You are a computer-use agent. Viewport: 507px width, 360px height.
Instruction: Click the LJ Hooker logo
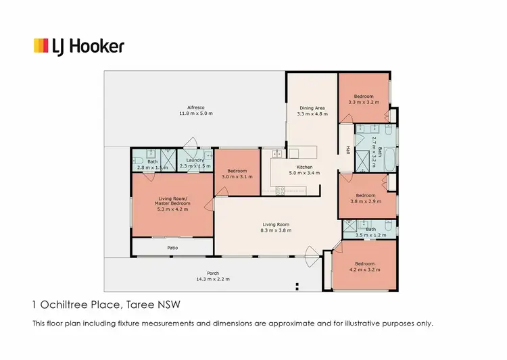79,46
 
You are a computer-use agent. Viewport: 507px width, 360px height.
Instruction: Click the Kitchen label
304,167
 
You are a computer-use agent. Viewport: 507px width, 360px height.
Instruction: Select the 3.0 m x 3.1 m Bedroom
237,174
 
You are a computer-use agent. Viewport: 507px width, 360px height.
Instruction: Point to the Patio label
172,248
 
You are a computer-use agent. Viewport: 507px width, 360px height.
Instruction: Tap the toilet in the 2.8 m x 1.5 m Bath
136,161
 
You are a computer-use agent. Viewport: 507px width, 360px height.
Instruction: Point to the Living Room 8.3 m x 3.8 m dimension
276,230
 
